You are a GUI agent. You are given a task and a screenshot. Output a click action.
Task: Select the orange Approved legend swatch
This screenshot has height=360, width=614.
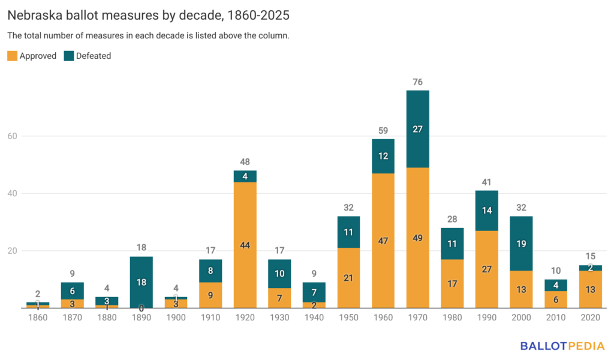[12, 56]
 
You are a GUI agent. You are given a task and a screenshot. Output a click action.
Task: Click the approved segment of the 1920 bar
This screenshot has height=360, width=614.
[245, 245]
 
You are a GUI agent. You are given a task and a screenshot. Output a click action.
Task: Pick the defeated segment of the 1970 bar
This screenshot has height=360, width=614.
[417, 129]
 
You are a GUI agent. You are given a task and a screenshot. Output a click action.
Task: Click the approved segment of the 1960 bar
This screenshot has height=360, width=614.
[383, 241]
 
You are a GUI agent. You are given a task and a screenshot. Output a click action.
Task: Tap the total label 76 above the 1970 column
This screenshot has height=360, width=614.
[417, 82]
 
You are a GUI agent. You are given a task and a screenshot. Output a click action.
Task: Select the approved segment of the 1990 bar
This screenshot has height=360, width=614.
[486, 269]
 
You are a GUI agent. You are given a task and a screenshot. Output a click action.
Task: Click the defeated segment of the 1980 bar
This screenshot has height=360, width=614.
[452, 244]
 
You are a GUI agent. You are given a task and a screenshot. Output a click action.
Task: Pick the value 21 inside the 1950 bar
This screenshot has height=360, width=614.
[348, 277]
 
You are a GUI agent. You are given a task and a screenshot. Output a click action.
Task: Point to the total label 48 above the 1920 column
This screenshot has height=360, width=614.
[245, 161]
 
